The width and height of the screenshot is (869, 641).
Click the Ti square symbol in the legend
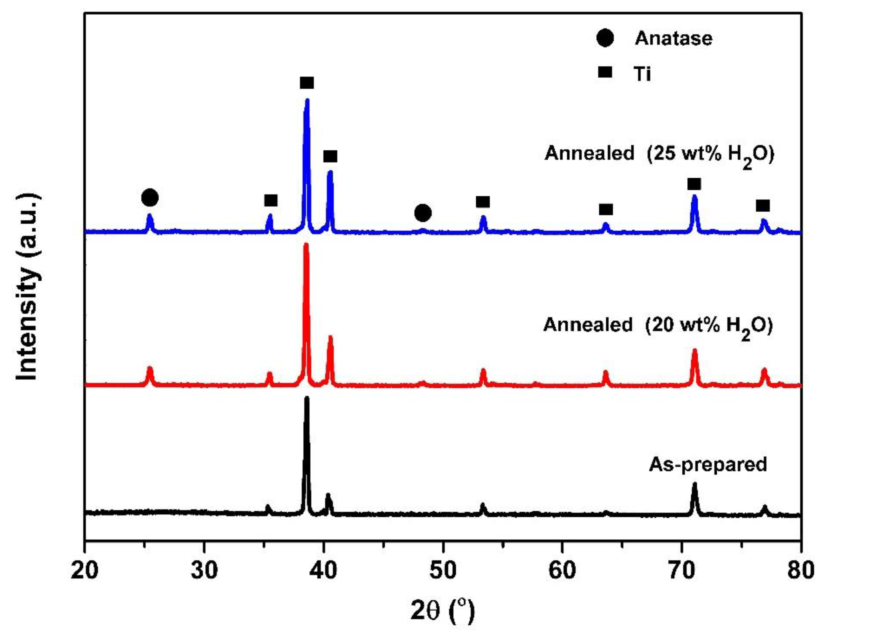tap(605, 72)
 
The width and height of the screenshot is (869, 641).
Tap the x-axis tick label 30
tap(204, 570)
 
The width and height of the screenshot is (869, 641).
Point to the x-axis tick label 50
tap(443, 570)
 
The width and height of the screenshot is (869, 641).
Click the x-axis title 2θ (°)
tap(443, 612)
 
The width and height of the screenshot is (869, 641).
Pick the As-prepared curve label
tap(707, 464)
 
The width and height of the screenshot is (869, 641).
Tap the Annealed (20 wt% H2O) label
tap(658, 325)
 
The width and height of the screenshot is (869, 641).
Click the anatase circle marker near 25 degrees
tap(150, 198)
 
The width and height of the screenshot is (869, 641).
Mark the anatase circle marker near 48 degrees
tap(423, 213)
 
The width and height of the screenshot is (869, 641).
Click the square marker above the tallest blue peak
tap(307, 83)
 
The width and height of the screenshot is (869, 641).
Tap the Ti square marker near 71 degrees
tap(694, 184)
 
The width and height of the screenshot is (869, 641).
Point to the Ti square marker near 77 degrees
tap(763, 206)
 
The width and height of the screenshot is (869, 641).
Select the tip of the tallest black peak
tap(307, 399)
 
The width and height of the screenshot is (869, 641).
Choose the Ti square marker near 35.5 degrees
tap(271, 201)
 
